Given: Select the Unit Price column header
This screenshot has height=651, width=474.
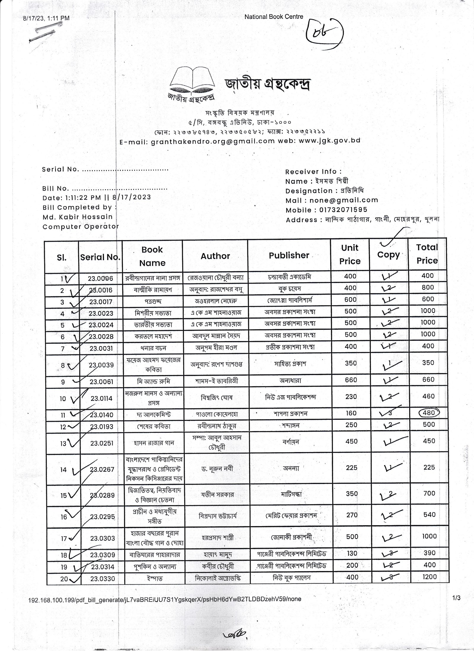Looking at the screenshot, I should (x=350, y=254).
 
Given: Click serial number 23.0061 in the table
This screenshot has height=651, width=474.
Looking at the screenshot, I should (x=101, y=382).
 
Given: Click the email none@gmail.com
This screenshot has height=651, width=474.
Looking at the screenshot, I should (x=344, y=200).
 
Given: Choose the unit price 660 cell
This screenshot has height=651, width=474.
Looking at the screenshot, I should (x=351, y=380).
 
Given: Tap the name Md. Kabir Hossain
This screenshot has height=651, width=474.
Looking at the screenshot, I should (x=78, y=217).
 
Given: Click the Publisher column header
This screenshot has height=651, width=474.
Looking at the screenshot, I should (x=289, y=255).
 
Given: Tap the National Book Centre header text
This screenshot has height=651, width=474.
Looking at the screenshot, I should (x=274, y=17).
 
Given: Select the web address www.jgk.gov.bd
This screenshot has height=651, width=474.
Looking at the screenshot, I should (x=329, y=140).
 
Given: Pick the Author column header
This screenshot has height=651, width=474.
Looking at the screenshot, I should (x=215, y=256).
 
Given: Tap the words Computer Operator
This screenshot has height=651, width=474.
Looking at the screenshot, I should (x=81, y=226).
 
